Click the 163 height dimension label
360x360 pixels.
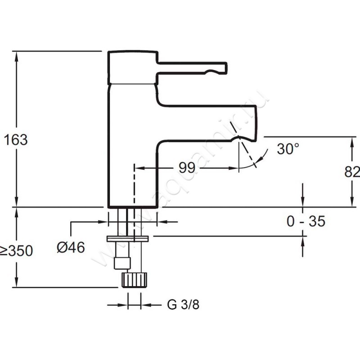16,140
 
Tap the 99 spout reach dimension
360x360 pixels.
187,168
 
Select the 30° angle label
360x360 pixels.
288,149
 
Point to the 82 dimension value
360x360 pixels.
353,172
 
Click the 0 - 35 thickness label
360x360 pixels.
306,221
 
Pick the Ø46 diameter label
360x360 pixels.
71,247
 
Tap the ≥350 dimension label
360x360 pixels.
17,251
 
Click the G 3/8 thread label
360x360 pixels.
183,305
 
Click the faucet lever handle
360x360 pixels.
191,67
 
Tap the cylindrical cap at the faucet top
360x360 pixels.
132,67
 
